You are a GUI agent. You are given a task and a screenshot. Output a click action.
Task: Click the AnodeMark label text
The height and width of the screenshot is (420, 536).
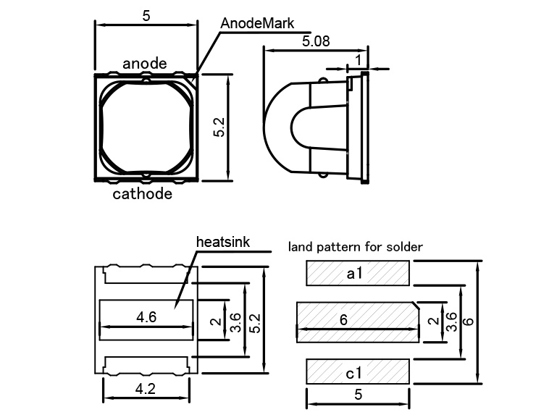(x=257, y=23)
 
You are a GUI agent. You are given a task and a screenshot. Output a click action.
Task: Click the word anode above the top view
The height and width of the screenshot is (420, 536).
(x=145, y=64)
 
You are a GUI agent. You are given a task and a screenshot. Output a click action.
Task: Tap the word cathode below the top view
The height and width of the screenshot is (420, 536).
(x=143, y=194)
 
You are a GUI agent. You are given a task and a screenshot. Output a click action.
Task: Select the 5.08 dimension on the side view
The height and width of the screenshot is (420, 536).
(x=316, y=41)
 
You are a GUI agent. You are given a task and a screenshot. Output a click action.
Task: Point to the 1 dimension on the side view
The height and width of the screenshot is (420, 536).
(x=358, y=59)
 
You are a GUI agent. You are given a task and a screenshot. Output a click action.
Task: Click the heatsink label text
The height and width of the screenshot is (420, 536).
(x=223, y=242)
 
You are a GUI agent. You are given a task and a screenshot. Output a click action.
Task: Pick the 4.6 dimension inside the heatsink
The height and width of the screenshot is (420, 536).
(x=146, y=316)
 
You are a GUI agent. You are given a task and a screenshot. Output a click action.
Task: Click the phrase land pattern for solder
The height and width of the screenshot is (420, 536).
(x=356, y=247)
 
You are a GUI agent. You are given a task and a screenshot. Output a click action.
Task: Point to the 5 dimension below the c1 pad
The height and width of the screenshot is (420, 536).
(x=358, y=395)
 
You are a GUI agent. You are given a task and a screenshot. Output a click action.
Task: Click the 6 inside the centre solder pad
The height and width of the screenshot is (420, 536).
(x=343, y=319)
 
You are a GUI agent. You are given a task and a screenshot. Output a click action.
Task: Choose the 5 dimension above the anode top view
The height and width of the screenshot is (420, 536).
(x=146, y=15)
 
